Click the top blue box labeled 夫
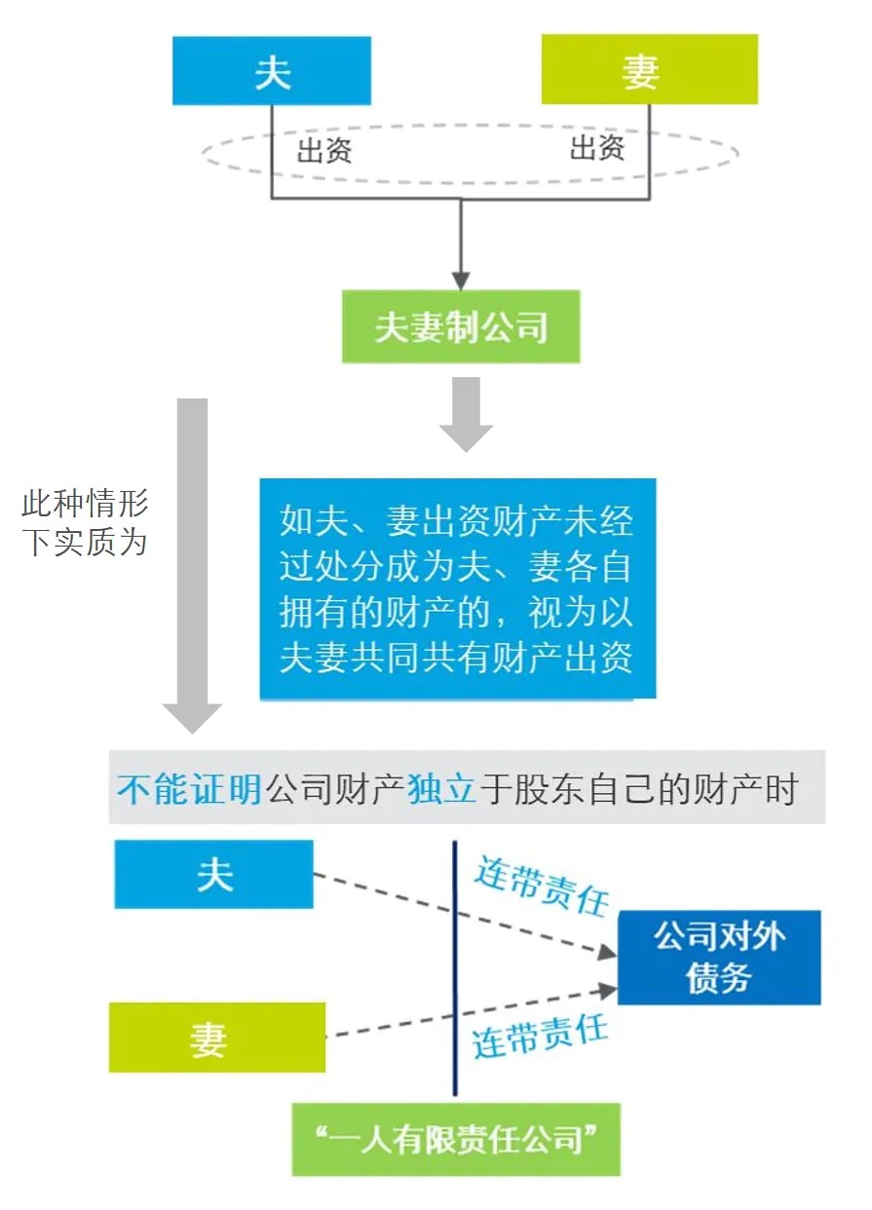coord(272,71)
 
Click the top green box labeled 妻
coord(649,70)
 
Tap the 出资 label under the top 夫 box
coord(323,152)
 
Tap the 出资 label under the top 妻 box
coord(596,149)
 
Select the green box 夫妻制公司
coord(461,327)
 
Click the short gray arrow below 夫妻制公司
coord(466,413)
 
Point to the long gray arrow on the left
coord(192,565)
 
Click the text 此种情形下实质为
coord(85,523)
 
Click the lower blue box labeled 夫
coord(213,875)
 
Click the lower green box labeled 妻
coord(216,1038)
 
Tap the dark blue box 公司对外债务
coord(719,958)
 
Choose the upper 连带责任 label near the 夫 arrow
coord(541,886)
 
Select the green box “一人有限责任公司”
coord(456,1139)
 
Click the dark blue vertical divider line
coord(455,964)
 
